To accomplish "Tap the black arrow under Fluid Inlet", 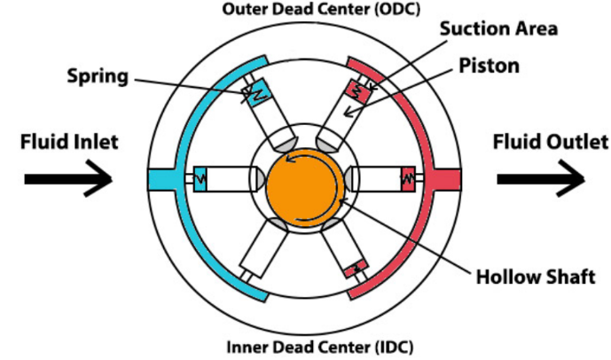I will point(67,179).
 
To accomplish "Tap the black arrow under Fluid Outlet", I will point(540,179).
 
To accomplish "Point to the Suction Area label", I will point(505,28).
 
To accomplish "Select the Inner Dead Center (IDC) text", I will point(306,346).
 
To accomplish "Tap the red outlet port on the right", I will point(448,179).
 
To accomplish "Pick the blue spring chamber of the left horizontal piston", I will point(199,178).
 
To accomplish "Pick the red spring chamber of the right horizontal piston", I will point(409,178).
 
